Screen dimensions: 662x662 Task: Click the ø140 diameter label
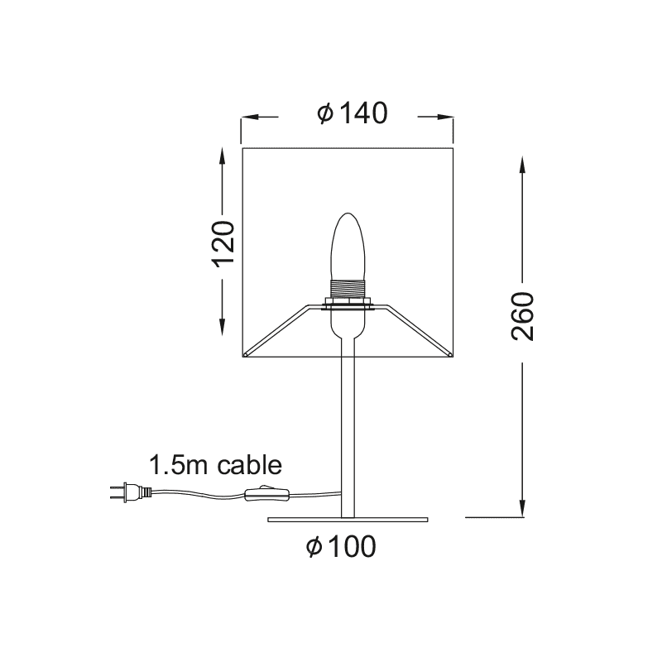click(x=352, y=113)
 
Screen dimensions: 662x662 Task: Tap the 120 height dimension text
click(x=224, y=243)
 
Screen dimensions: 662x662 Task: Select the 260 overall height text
click(x=524, y=316)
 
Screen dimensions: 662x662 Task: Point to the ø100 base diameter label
click(x=340, y=545)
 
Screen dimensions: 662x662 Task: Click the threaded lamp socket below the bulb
click(x=348, y=290)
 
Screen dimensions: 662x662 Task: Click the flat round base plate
click(x=348, y=520)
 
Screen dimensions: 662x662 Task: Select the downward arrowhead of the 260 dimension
click(x=523, y=508)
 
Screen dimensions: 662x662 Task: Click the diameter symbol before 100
click(x=314, y=545)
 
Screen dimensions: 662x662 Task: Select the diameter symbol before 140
click(x=324, y=113)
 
